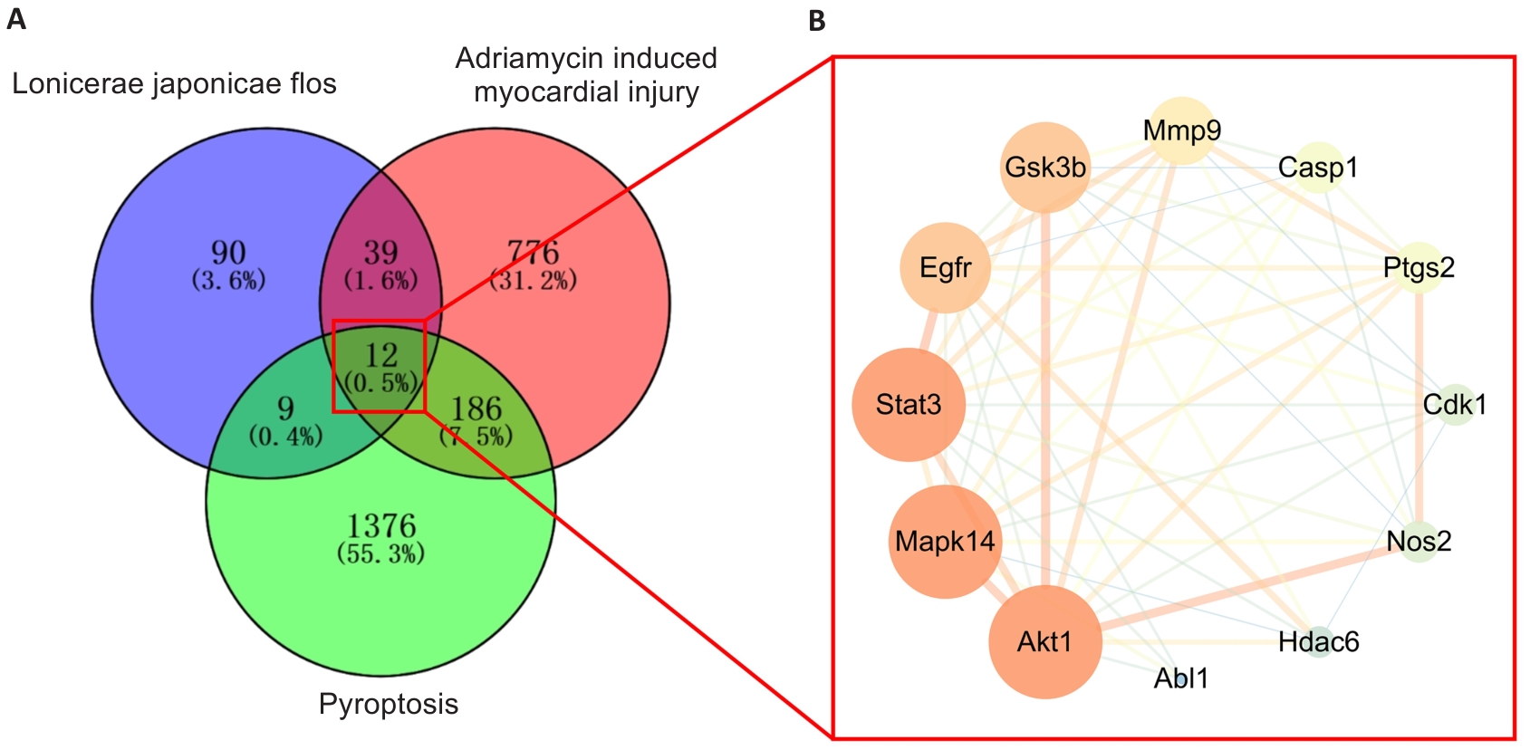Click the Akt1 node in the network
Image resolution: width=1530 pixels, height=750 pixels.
click(1044, 641)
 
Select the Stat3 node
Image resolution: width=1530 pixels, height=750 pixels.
click(909, 404)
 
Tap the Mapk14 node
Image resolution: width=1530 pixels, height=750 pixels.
click(945, 542)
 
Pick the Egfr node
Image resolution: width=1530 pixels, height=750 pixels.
click(945, 267)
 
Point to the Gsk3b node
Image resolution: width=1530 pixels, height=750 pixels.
click(1045, 168)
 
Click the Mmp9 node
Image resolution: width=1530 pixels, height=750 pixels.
click(1181, 130)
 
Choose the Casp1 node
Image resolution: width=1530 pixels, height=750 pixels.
click(1318, 168)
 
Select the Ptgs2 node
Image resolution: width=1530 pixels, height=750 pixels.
click(1419, 267)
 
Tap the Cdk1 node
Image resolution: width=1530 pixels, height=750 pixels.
click(1455, 404)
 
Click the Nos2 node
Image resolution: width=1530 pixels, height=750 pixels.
click(1419, 541)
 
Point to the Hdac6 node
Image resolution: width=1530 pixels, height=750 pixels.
click(1319, 641)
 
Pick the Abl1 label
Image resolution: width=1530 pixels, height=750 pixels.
click(1181, 678)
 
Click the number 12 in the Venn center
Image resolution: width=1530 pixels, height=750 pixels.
click(381, 355)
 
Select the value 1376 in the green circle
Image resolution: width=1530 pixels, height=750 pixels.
click(381, 525)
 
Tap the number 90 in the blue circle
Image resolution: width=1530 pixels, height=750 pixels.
click(228, 252)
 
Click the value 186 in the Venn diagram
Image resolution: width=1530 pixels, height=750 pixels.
click(476, 409)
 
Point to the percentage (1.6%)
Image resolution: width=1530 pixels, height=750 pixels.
click(380, 281)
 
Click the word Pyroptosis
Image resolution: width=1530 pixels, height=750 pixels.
click(389, 704)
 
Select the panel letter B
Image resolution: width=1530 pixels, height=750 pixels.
click(816, 21)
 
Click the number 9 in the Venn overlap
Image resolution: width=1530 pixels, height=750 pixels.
click(285, 409)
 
